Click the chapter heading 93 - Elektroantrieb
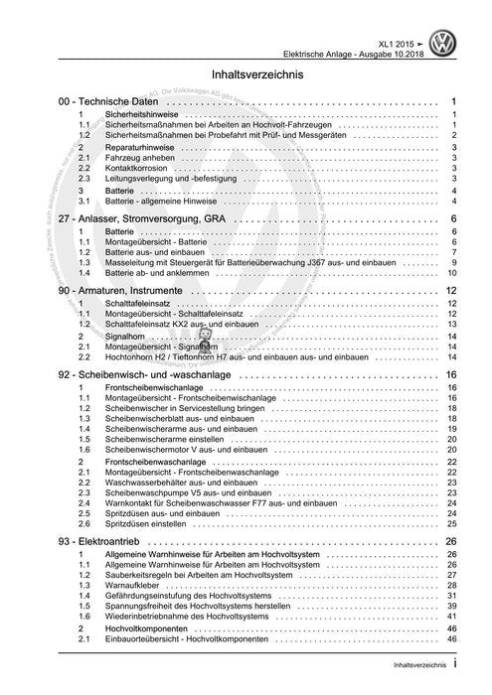(104, 541)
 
